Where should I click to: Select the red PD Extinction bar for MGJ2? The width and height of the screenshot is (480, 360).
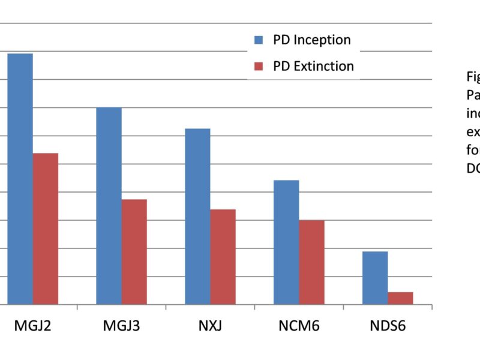click(x=46, y=229)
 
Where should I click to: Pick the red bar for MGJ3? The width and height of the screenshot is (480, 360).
click(x=134, y=252)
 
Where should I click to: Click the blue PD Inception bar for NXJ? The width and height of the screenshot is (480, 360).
click(x=197, y=217)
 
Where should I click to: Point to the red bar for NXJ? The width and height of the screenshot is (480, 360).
click(x=223, y=257)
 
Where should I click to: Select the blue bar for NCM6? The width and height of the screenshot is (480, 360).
click(x=286, y=242)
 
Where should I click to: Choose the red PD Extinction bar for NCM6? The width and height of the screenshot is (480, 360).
click(x=312, y=262)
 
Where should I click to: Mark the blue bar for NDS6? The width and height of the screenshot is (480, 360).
click(x=375, y=278)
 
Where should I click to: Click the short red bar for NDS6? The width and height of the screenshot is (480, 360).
click(x=401, y=298)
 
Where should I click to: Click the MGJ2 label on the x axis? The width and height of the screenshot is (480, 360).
click(x=33, y=327)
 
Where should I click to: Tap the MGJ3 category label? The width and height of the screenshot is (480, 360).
click(x=122, y=327)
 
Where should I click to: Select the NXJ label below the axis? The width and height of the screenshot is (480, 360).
click(x=211, y=327)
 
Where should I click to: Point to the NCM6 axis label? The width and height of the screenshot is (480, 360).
click(x=299, y=327)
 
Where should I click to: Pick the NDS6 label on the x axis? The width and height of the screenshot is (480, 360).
click(x=388, y=327)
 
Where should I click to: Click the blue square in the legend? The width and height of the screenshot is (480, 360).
click(x=259, y=40)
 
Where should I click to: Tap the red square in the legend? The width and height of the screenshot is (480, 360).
click(x=259, y=66)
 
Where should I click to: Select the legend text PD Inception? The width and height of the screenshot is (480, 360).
click(x=311, y=40)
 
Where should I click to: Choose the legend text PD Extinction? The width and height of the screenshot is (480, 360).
click(x=313, y=66)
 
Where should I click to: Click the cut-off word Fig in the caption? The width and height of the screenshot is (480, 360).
click(x=473, y=77)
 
